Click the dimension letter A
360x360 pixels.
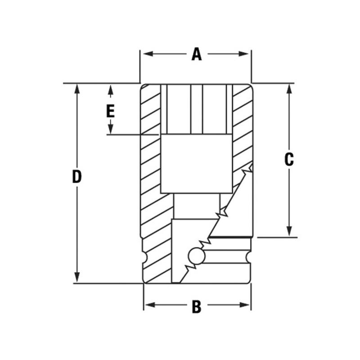(196, 54)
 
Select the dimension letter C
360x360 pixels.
(289, 159)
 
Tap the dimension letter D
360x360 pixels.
(77, 177)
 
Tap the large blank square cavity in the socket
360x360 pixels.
(196, 163)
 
